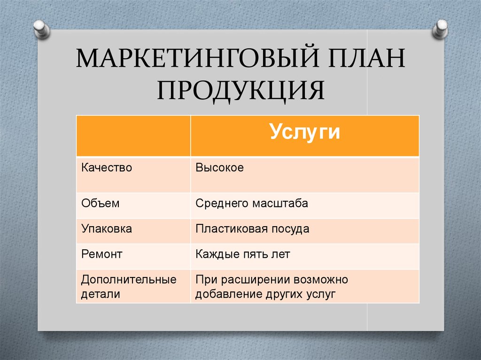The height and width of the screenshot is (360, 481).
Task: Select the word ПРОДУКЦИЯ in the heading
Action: coord(241,90)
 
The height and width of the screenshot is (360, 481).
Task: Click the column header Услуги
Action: coord(305,132)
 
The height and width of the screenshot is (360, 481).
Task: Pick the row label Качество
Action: coord(107,168)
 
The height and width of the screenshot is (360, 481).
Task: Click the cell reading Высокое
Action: coord(220,168)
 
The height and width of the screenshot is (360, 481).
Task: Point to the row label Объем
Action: coord(101,203)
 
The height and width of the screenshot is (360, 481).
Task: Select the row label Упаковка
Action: coord(107,229)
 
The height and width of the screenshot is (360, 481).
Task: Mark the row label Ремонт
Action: coord(101,254)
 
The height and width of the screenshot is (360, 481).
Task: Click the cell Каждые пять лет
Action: coord(243,254)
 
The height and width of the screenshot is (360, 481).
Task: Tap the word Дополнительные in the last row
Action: coord(129,280)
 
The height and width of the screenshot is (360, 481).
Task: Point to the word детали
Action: coord(101,294)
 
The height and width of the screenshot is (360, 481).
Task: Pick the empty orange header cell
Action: coord(133,136)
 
